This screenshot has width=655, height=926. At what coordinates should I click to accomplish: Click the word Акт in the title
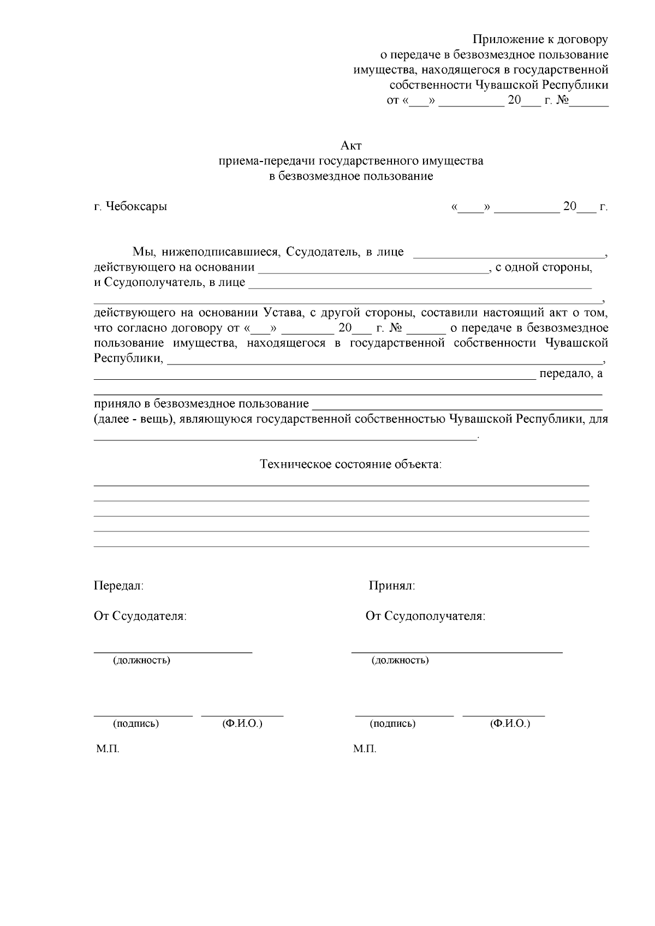click(351, 146)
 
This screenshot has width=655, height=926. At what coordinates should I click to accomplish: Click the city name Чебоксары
click(136, 207)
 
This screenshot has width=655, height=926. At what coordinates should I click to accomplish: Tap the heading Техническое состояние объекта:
click(351, 464)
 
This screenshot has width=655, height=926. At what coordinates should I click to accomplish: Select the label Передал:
click(118, 586)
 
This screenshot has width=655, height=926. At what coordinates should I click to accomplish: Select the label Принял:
click(392, 586)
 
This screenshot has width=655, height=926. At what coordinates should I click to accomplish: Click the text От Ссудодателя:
click(140, 616)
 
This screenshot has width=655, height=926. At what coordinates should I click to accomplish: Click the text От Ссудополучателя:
click(425, 616)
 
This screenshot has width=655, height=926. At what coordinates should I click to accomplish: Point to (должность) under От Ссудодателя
click(141, 660)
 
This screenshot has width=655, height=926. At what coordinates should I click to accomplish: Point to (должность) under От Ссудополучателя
click(400, 660)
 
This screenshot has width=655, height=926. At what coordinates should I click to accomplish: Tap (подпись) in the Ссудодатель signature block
click(136, 724)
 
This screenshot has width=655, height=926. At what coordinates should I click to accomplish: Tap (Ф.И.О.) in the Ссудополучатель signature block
click(510, 724)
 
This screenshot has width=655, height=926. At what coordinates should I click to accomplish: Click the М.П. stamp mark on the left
click(108, 749)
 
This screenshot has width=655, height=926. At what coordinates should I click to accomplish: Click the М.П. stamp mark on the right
click(365, 749)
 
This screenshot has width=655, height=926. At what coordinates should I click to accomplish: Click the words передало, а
click(570, 374)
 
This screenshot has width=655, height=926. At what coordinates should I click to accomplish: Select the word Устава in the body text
click(282, 313)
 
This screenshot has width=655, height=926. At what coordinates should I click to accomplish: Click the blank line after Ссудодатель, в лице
click(509, 253)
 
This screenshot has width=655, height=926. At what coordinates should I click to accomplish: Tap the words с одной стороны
click(544, 268)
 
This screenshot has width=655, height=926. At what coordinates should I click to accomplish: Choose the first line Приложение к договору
click(540, 39)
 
